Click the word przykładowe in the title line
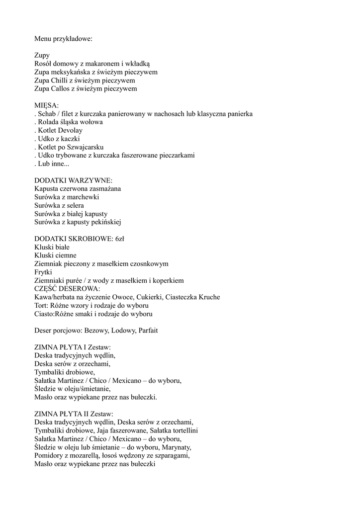(x=73, y=39)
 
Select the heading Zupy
(x=42, y=55)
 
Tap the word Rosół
(x=43, y=64)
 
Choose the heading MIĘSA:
(x=46, y=105)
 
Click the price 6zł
(x=119, y=239)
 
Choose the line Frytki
(x=43, y=272)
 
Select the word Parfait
(x=148, y=331)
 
